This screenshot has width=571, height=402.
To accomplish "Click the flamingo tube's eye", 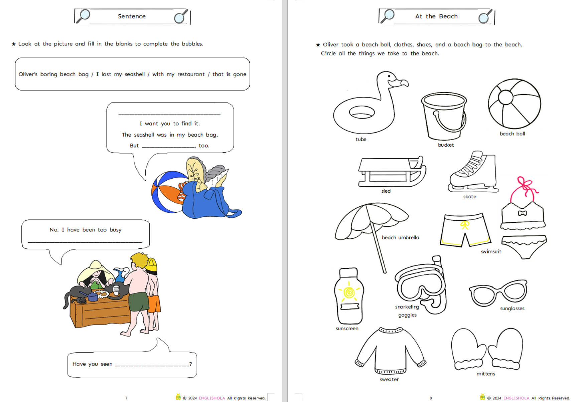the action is [x=389, y=76].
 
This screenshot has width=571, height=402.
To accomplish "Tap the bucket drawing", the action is [x=444, y=116].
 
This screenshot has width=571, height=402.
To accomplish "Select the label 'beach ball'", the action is [x=513, y=134].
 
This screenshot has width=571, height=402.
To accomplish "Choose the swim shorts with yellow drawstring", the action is [x=465, y=230].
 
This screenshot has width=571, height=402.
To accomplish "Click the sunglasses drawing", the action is [x=498, y=292].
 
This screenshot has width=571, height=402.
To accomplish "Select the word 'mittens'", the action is [x=486, y=374].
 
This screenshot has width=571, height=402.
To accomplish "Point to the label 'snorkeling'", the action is [x=407, y=307].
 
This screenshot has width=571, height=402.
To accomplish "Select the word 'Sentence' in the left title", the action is [x=132, y=16].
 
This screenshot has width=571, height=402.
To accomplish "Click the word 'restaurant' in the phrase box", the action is [x=191, y=74].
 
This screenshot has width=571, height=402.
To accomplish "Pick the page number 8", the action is [x=431, y=398].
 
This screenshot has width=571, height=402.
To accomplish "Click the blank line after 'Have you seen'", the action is [x=152, y=366].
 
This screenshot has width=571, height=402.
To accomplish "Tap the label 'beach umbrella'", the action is [x=401, y=237].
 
